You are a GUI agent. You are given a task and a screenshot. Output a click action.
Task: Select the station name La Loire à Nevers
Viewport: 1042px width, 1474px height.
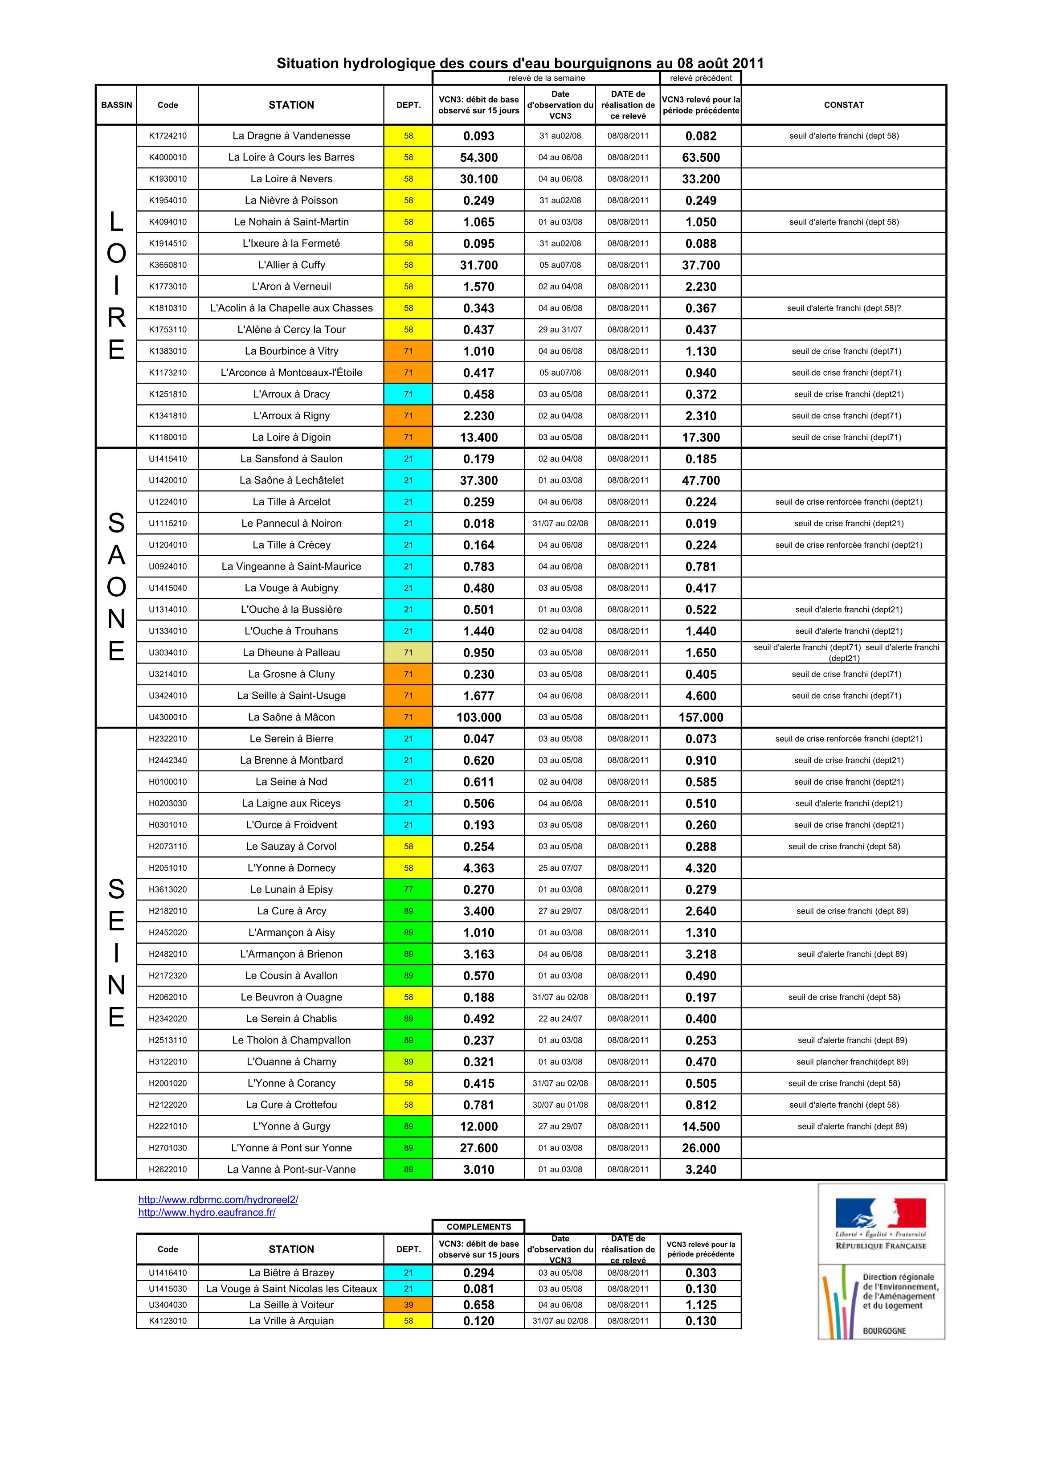[291, 179]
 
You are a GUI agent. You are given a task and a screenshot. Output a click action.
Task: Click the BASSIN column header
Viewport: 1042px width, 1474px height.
[116, 105]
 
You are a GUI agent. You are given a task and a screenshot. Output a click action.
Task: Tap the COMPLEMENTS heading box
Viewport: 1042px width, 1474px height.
[478, 1226]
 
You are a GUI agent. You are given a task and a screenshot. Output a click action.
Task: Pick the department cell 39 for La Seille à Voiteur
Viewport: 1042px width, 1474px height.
[409, 1305]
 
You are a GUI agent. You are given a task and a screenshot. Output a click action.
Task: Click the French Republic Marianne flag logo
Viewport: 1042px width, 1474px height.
[880, 1213]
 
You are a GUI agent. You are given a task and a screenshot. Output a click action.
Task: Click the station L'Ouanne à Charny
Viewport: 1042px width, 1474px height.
[291, 1062]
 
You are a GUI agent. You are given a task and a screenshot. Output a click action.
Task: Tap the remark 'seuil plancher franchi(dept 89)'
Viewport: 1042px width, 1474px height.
[852, 1062]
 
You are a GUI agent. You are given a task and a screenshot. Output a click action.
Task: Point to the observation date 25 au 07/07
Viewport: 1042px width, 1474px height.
[560, 868]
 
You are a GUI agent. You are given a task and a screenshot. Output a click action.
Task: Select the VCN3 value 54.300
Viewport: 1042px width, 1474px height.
[478, 157]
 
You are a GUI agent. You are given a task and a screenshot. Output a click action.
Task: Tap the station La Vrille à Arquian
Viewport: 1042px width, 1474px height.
[291, 1321]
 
